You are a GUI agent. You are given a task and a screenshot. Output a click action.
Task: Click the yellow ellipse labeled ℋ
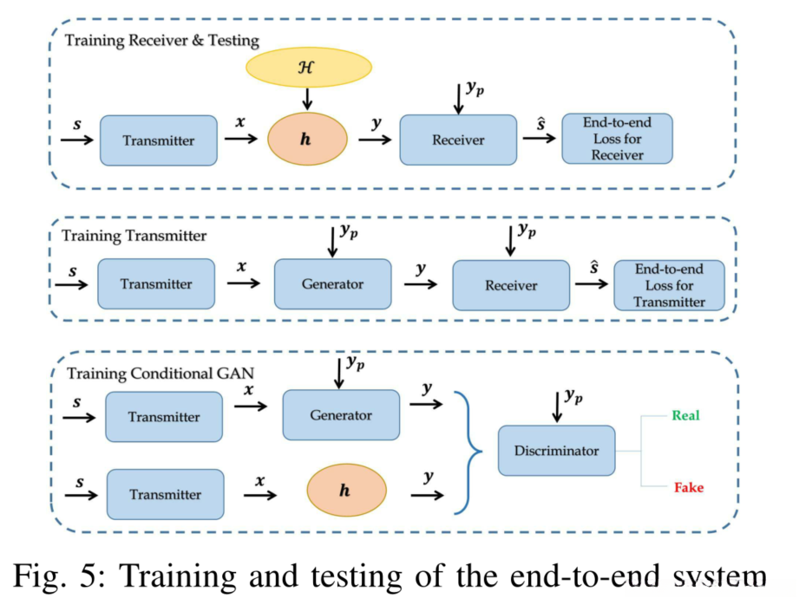click(x=309, y=68)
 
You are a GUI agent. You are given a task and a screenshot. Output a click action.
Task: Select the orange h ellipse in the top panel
click(x=307, y=139)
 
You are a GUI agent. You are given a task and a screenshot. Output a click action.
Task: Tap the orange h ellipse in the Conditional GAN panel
click(x=346, y=490)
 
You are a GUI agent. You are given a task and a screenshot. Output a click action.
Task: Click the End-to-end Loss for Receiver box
click(x=617, y=139)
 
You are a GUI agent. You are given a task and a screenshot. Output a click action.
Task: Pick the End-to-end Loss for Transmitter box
click(x=669, y=285)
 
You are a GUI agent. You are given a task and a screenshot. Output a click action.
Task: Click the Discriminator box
click(x=556, y=451)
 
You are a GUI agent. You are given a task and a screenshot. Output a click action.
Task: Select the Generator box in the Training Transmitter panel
click(x=333, y=284)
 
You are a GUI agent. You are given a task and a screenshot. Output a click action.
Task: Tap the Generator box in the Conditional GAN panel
click(x=341, y=415)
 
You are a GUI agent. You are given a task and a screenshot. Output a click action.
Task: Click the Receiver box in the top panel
click(x=458, y=140)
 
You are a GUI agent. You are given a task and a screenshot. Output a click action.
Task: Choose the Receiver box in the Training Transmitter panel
click(x=511, y=285)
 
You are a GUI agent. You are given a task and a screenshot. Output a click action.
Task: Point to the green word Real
click(x=685, y=415)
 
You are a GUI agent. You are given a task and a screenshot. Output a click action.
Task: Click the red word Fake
click(x=689, y=488)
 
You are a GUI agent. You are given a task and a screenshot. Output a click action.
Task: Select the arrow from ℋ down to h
click(x=307, y=99)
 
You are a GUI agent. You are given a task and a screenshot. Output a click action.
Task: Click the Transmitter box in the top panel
click(x=159, y=140)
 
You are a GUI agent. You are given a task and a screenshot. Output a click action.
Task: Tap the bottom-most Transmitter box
click(x=165, y=495)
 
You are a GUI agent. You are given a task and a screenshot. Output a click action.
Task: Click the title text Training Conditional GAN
click(x=160, y=374)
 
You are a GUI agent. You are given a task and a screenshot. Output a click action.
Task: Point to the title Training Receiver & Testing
click(x=162, y=41)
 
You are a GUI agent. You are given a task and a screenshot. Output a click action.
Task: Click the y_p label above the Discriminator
click(x=573, y=397)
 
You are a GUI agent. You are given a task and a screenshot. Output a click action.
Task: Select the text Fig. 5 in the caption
click(x=58, y=576)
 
